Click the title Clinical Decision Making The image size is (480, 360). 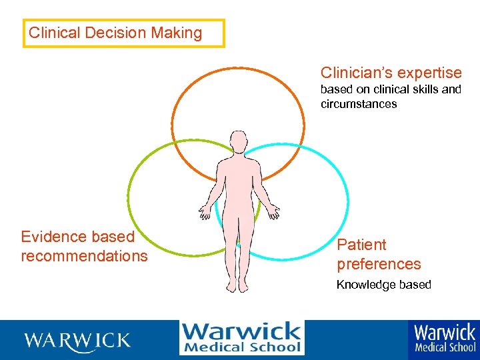point(115,33)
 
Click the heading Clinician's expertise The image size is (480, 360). point(391,73)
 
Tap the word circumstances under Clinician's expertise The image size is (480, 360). point(359,104)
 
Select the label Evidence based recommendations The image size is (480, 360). point(84,246)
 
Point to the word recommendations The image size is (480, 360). point(84,256)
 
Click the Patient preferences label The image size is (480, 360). point(379,255)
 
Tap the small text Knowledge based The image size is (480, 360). point(383,285)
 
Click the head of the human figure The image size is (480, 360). point(238,142)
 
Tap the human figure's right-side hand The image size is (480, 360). point(273,212)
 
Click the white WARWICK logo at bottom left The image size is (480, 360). point(77,341)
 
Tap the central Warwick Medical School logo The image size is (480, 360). point(241,338)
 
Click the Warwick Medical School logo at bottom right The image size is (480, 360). point(445,339)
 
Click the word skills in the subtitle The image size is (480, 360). point(421,89)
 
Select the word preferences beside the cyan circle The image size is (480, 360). point(379,264)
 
